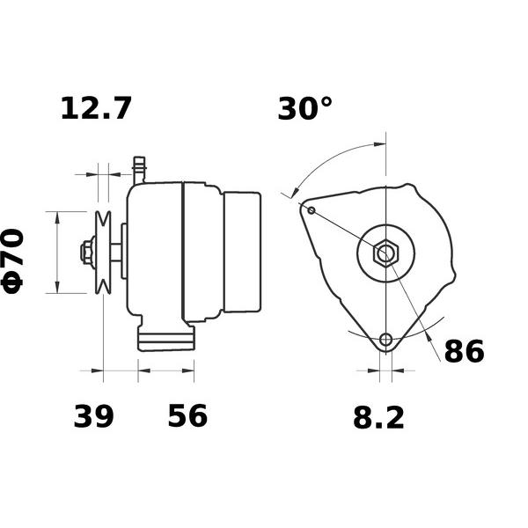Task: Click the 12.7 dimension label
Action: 96,108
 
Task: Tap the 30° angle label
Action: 304,108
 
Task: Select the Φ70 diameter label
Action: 12,261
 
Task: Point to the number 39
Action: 93,416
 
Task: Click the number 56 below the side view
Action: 187,416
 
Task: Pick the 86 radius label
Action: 465,351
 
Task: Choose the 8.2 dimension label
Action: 378,418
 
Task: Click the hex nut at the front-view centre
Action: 386,253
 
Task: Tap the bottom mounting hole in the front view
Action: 386,339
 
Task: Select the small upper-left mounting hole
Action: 312,210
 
